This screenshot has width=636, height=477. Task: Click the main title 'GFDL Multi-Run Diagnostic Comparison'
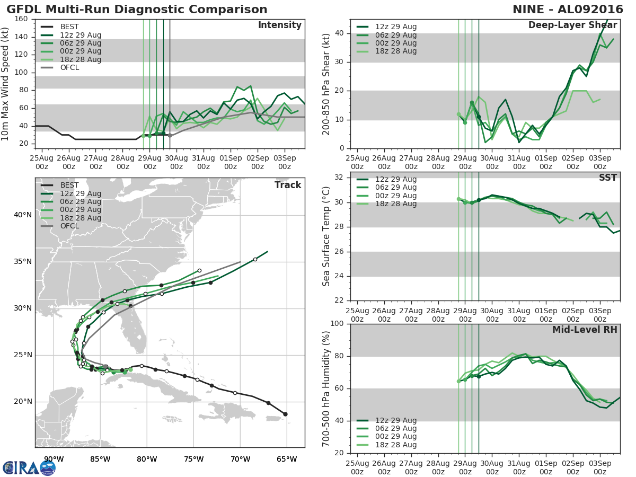tap(137, 10)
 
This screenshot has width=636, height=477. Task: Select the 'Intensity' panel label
tap(279, 25)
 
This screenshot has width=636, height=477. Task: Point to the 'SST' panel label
tap(607, 178)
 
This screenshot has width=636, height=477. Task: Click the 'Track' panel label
tap(288, 185)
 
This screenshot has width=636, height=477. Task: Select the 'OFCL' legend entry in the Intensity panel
tap(70, 67)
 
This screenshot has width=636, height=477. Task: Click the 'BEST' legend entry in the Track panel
tap(69, 185)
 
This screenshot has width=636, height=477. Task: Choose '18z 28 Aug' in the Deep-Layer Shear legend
tap(396, 51)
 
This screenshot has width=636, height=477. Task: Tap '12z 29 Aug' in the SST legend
tap(396, 179)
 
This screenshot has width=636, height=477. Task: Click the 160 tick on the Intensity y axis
tap(21, 19)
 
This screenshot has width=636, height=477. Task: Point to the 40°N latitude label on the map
tap(23, 215)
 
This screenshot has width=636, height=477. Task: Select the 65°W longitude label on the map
tap(287, 459)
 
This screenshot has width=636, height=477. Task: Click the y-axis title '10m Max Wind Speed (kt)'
tap(6, 83)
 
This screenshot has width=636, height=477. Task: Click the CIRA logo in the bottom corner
tap(29, 467)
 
